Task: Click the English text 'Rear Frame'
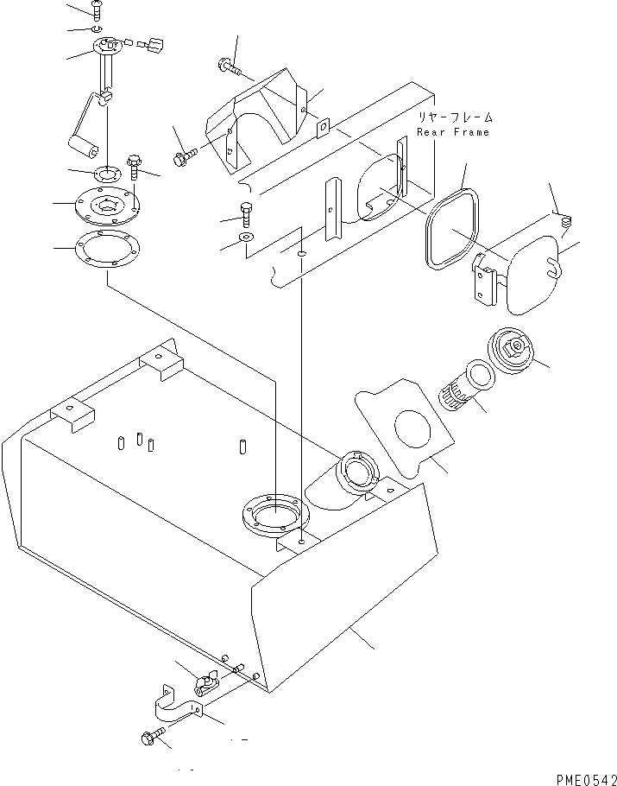click(452, 132)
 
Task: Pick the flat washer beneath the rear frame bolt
click(248, 236)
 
